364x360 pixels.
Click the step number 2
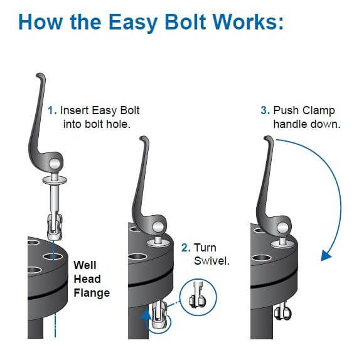coord(186,248)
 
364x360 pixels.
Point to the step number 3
coord(265,110)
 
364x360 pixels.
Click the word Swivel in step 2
coord(211,261)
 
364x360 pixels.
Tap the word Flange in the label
coord(92,293)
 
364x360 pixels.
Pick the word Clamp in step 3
coord(319,111)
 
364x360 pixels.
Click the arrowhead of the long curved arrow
coord(326,256)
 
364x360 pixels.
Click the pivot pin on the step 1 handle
coord(55,164)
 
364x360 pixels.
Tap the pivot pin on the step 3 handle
coord(282,228)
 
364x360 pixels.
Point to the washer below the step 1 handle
coord(55,180)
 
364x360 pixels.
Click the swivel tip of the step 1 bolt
coord(55,227)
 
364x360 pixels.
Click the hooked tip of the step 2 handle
coord(144,139)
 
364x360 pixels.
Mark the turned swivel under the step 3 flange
coord(283,312)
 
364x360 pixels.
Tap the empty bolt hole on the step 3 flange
coord(262,258)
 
